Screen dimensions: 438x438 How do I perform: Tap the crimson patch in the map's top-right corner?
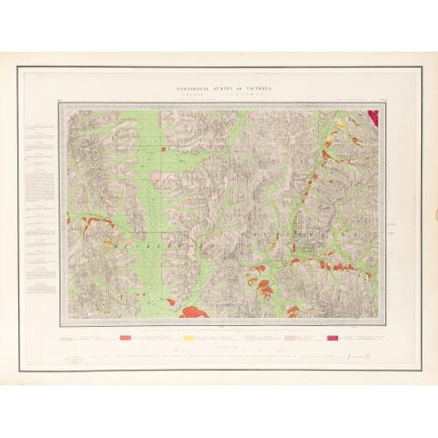(373, 116)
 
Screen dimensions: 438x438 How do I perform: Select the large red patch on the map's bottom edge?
(194, 311)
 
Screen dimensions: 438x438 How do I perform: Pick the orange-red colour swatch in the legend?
(125, 336)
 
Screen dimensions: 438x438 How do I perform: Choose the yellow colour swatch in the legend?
(188, 336)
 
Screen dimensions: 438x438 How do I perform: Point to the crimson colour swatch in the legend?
(332, 336)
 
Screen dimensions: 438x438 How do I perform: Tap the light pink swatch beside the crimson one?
(288, 336)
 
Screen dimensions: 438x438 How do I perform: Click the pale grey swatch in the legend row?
(251, 336)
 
